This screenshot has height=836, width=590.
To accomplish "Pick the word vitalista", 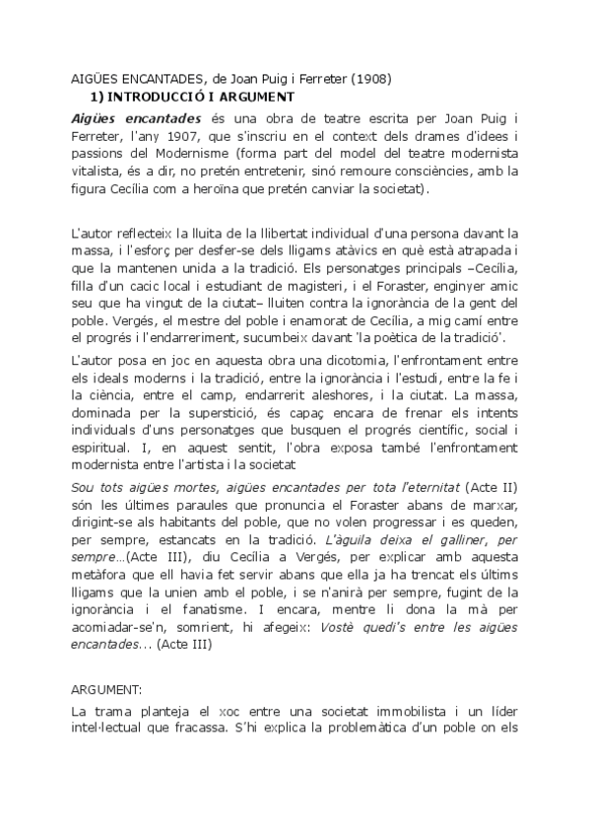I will click(x=98, y=173).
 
